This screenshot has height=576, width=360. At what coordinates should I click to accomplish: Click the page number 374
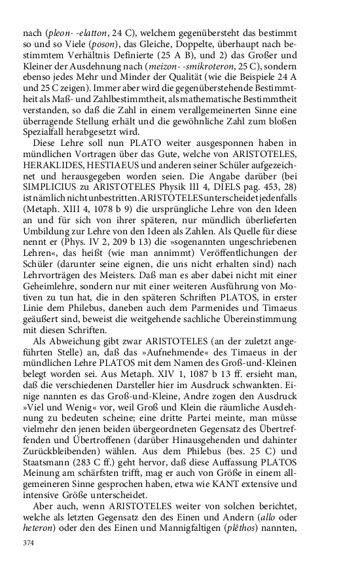click(28, 543)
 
